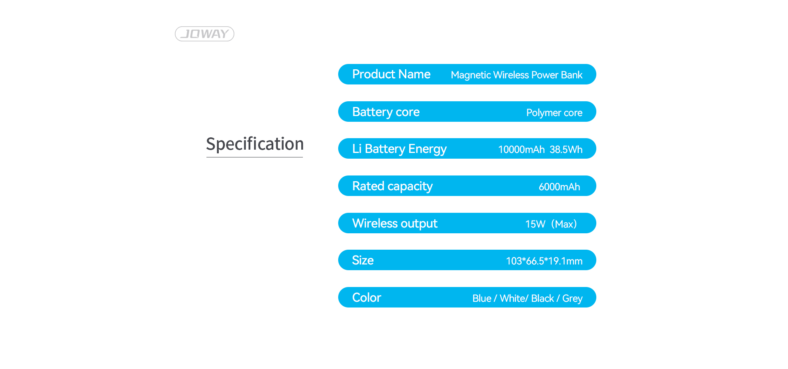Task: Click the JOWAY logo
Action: (x=204, y=34)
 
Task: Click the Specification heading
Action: (x=255, y=144)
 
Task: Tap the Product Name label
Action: (x=391, y=74)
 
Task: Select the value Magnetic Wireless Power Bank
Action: (x=516, y=75)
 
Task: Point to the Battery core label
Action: (x=386, y=112)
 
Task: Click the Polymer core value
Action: (x=554, y=113)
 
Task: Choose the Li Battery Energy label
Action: (x=399, y=149)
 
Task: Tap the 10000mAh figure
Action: (x=521, y=150)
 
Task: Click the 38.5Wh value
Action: (x=566, y=150)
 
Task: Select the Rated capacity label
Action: (x=392, y=187)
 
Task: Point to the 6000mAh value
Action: (x=559, y=187)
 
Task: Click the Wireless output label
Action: (x=395, y=223)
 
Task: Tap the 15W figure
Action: (x=535, y=224)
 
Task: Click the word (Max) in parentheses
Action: (x=564, y=224)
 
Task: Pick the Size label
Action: (x=363, y=260)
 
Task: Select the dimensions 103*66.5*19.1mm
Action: (x=544, y=261)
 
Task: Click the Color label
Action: (x=367, y=298)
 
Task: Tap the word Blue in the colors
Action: (x=482, y=298)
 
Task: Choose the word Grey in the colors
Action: (x=573, y=299)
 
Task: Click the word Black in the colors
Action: (x=543, y=298)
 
